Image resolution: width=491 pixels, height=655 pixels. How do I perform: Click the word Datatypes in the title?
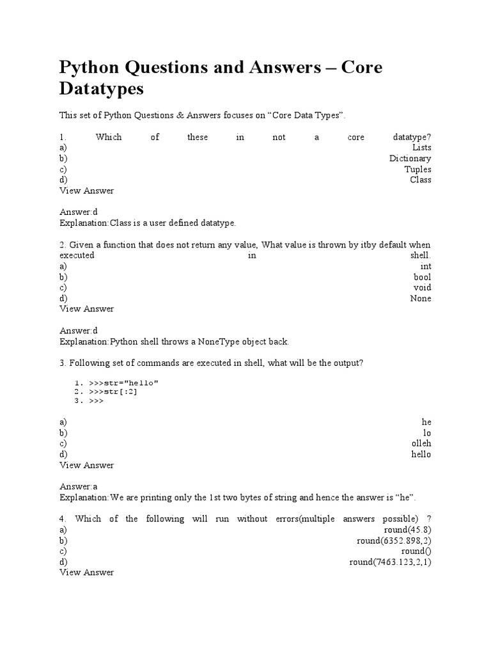coord(102,89)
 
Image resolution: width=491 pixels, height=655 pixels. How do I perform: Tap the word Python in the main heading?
coord(89,67)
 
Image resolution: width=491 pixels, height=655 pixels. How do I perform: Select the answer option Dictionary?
coord(410,159)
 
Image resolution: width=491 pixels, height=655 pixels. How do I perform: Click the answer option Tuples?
coord(417,170)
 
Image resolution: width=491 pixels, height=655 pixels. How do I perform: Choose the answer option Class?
coord(420,180)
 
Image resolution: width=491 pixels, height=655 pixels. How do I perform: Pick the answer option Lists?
coord(421,148)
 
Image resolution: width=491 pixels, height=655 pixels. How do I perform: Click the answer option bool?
coord(422,277)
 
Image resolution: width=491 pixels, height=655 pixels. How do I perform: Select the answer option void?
coord(422,288)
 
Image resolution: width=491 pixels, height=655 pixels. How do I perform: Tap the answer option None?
coord(421,299)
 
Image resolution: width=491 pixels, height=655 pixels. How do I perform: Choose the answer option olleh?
coord(421,443)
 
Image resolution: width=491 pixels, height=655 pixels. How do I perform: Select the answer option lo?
coord(427,433)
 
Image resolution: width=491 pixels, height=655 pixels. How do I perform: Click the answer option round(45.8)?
coord(407,530)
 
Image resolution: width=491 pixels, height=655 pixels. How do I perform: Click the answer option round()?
coord(416,551)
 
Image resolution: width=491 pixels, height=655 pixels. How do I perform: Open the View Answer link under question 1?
coord(86,191)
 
